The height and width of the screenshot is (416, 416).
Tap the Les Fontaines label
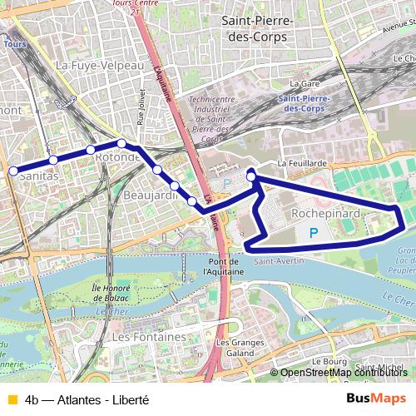point(148,337)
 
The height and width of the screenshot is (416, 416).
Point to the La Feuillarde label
point(302,164)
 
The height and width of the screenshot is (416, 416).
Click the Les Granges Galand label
point(235,348)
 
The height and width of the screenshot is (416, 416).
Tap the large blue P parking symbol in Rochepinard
point(313,234)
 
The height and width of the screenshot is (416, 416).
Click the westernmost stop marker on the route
point(13,171)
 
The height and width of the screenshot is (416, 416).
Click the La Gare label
point(300,84)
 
